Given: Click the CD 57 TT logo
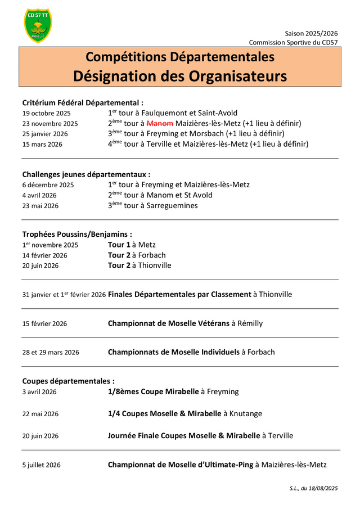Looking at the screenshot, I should pos(38,25).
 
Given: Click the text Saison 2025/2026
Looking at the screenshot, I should pos(311,34).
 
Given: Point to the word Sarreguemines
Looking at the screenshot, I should pos(174,206).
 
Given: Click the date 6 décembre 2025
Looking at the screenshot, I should pos(48,185).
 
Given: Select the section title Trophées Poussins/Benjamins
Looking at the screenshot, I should pos(77,234).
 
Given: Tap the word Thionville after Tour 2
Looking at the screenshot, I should pos(154,265).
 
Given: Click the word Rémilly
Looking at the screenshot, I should pos(250,323).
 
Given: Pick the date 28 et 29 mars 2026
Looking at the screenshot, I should pos(51,353).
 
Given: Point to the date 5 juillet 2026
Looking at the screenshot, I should pos(42,465).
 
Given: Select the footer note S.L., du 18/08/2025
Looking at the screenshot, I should pos(310,488).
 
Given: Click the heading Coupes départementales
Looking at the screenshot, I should pos(68,381).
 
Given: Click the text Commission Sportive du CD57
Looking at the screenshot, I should pos(294,43).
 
